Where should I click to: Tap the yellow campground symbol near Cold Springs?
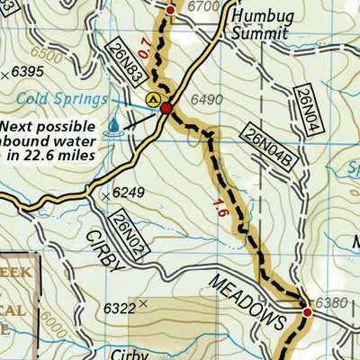(153, 98)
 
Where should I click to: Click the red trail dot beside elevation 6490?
(166, 109)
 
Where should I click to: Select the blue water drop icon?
(114, 127)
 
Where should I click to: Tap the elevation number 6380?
(330, 301)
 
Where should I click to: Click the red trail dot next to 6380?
(307, 312)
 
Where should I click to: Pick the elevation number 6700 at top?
(205, 7)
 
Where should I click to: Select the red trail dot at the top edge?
(171, 9)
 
